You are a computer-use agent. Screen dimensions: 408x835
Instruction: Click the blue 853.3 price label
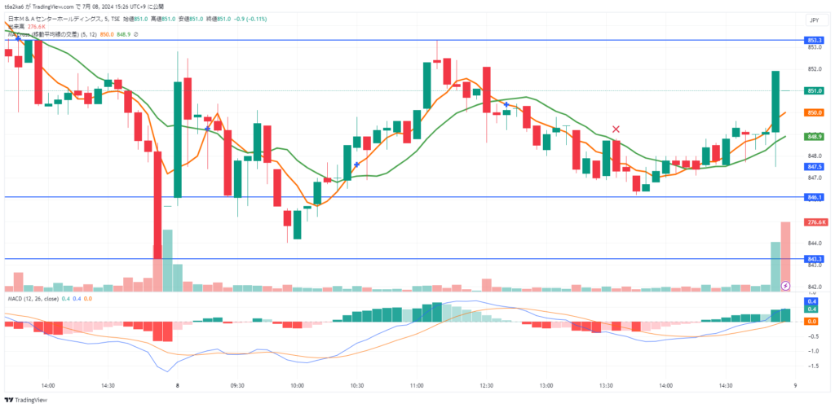tap(814, 40)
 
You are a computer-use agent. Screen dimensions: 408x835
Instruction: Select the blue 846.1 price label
tap(814, 197)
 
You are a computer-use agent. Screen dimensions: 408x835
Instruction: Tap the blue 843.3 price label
tap(814, 259)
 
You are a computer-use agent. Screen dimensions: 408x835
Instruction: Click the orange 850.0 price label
tap(814, 112)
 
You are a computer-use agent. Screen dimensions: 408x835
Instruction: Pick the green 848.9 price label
tap(814, 137)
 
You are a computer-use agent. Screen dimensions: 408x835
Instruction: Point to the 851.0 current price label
tap(814, 90)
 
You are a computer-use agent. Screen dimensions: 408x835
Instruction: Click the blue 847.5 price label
tap(814, 166)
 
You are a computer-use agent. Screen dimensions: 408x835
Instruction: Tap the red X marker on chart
tap(616, 129)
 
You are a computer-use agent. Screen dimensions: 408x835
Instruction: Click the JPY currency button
tap(814, 20)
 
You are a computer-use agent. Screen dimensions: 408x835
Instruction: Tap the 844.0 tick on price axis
tap(813, 243)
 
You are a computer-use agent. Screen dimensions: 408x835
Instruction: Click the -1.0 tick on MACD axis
tap(813, 351)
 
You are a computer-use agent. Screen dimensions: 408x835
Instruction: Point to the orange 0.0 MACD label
tap(812, 322)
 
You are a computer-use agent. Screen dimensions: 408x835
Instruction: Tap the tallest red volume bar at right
tap(785, 255)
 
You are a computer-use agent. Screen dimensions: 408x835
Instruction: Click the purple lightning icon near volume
tap(785, 286)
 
